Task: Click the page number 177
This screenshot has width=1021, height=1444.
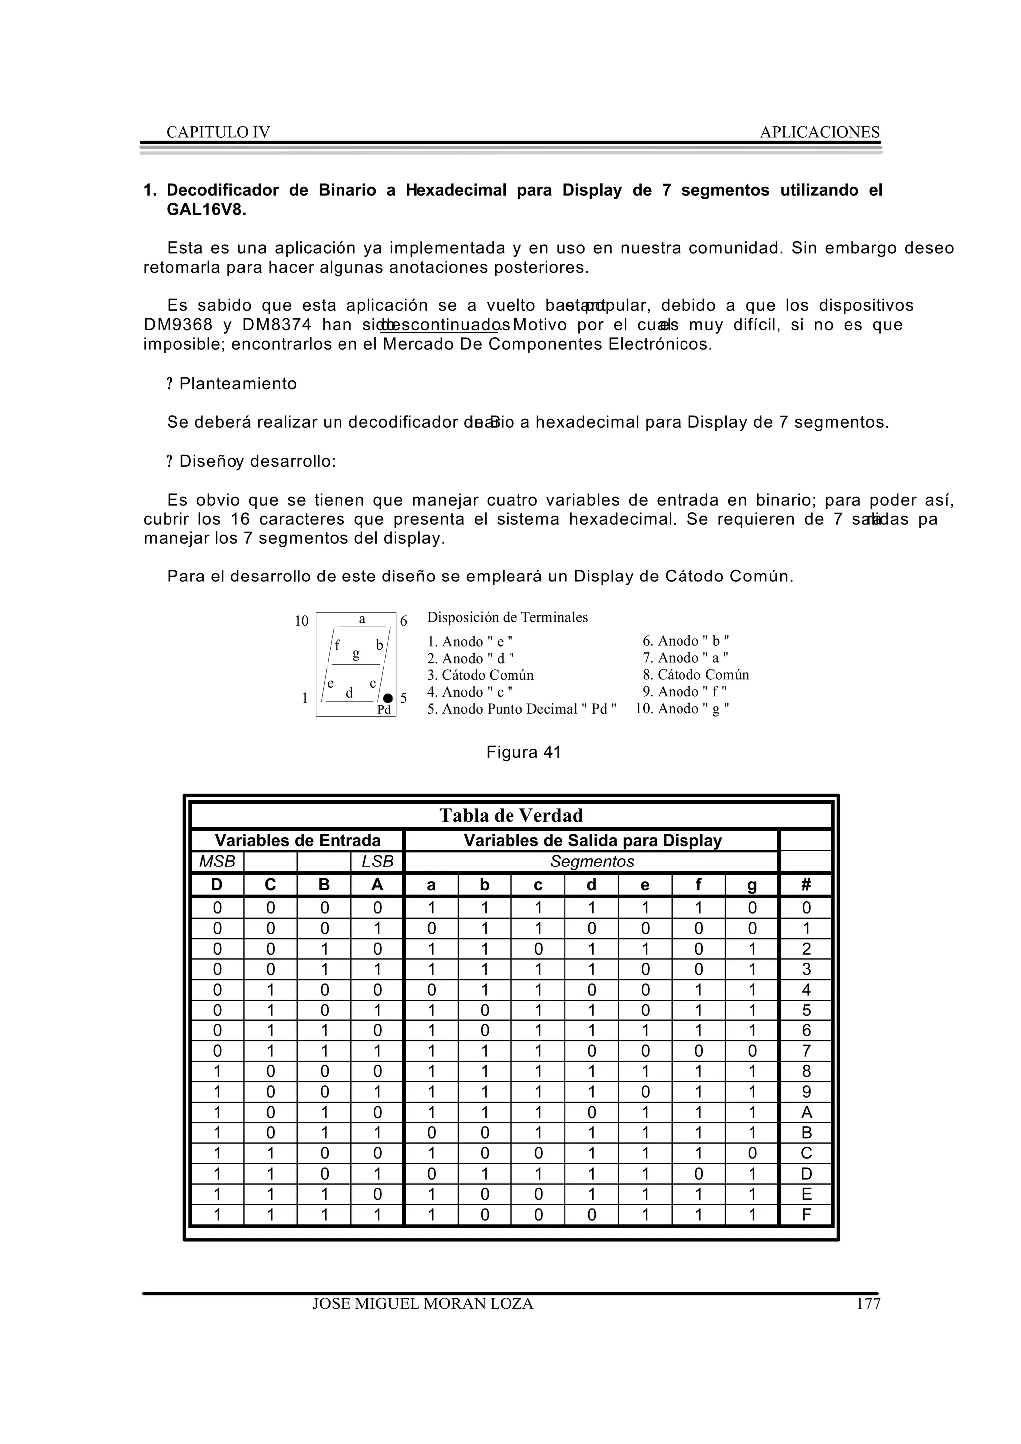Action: point(868,1304)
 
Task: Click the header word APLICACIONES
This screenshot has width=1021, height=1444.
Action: point(819,132)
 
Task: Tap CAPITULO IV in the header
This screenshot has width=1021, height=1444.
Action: point(218,132)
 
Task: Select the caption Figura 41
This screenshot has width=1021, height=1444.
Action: point(523,753)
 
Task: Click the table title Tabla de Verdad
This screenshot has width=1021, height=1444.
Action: point(511,816)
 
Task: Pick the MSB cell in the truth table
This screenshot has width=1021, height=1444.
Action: point(217,862)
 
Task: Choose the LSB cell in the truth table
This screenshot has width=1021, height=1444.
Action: point(377,862)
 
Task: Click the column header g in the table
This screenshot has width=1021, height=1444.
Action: point(752,885)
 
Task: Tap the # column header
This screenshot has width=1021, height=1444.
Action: point(806,885)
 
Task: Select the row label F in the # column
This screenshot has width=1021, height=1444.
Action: point(806,1214)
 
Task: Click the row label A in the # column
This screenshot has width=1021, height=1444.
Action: point(806,1112)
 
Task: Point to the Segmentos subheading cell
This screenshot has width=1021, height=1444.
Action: point(591,862)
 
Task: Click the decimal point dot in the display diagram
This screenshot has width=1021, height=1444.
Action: point(388,698)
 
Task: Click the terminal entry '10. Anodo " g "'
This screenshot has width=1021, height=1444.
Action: point(682,709)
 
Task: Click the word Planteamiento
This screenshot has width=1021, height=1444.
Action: point(238,384)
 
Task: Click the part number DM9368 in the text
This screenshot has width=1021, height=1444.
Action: point(178,325)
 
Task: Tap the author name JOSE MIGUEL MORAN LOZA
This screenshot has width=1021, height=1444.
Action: point(423,1304)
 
